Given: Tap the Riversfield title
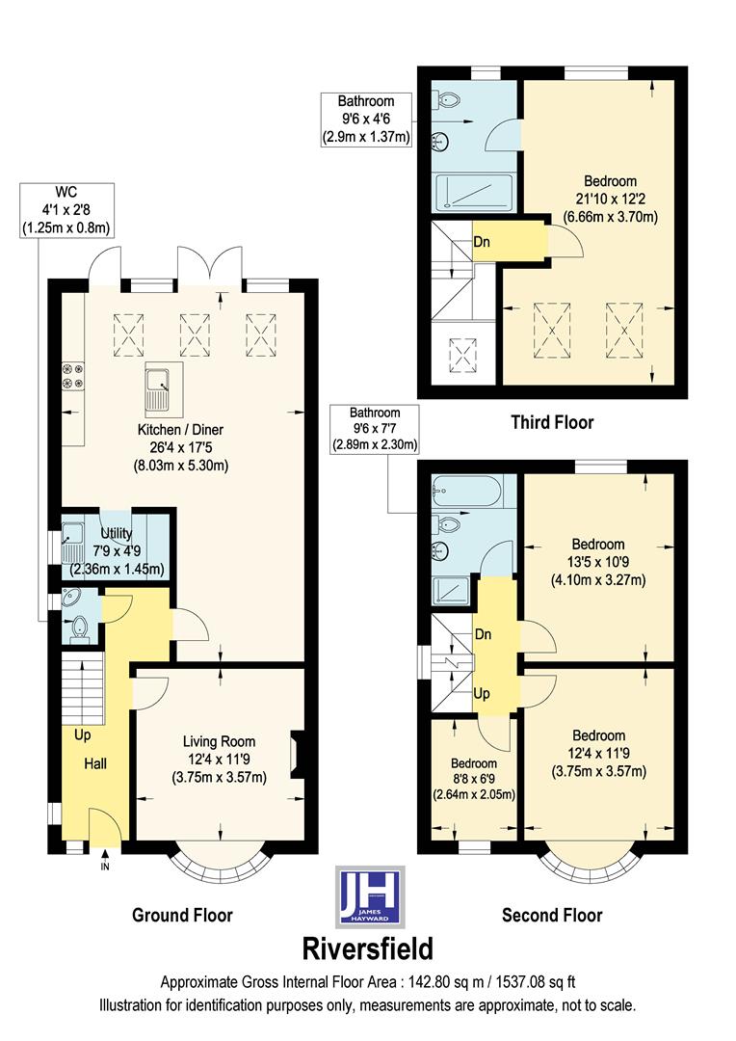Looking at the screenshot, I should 369,948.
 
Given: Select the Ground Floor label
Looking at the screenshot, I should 182,915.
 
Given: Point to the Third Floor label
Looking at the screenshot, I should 552,421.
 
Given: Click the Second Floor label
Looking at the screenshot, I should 552,915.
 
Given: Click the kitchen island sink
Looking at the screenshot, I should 157,387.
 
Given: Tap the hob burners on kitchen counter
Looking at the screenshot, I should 71,376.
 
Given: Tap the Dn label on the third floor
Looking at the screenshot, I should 483,242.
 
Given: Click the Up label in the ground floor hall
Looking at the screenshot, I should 83,734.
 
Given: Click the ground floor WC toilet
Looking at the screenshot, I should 81,629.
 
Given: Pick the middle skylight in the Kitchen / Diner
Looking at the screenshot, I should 196,334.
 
